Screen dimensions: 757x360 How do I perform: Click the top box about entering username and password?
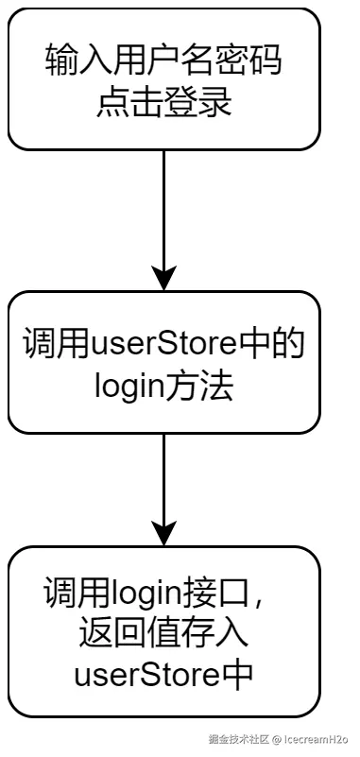[164, 78]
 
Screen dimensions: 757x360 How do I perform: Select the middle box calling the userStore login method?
[164, 362]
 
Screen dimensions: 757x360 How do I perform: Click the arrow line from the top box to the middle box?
[164, 208]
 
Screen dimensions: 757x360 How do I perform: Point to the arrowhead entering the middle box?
[164, 279]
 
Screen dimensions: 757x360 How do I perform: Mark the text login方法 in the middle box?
[164, 386]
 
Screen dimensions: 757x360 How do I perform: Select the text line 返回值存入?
[164, 634]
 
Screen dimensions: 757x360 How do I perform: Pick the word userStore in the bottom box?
[138, 675]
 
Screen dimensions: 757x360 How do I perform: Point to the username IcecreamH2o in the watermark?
[317, 740]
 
